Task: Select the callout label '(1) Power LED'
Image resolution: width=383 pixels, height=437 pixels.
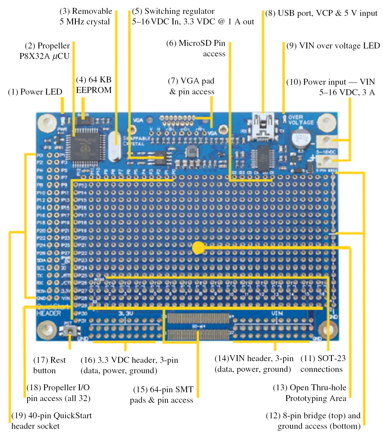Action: [35, 92]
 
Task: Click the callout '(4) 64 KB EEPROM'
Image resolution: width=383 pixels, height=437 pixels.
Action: [94, 85]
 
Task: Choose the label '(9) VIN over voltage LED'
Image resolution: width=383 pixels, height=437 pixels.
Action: [333, 46]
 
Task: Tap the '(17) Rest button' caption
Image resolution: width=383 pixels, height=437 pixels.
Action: [49, 365]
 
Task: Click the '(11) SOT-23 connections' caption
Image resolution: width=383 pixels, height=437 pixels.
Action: [323, 364]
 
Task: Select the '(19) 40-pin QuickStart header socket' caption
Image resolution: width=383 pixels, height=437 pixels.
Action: [51, 421]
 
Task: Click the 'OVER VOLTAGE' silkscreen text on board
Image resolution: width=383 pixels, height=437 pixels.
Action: [301, 120]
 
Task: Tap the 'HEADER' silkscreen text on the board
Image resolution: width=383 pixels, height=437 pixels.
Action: [49, 313]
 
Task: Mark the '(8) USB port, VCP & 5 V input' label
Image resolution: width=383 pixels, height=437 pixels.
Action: [321, 13]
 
